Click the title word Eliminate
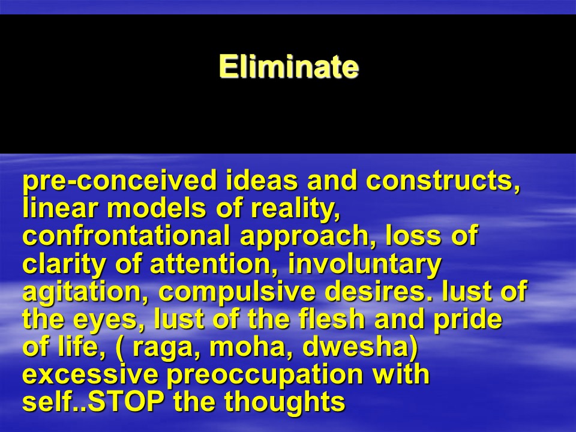[289, 66]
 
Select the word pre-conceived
[120, 181]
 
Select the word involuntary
[365, 265]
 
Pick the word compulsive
[237, 293]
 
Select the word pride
[467, 320]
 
